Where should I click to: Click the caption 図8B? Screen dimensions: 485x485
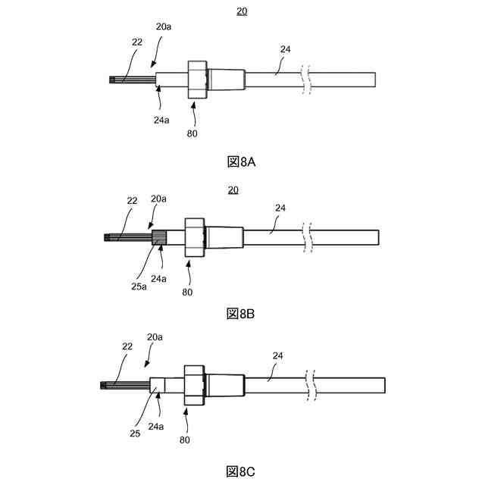click(242, 314)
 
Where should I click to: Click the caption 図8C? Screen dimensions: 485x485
click(242, 471)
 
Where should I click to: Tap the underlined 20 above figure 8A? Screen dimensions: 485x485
click(242, 11)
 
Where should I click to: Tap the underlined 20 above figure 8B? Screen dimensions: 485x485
click(233, 189)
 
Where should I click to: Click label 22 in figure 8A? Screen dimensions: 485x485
click(136, 42)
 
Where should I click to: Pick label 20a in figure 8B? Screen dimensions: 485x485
click(158, 199)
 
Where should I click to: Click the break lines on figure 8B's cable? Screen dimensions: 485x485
click(306, 237)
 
